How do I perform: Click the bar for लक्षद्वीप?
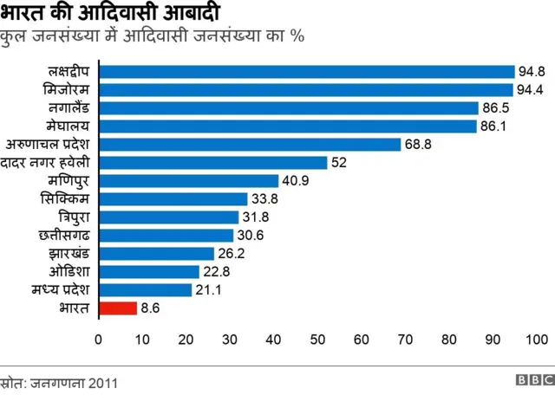pos(307,72)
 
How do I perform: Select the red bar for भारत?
pos(118,307)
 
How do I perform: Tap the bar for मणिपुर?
pos(189,181)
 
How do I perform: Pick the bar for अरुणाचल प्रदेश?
pos(250,145)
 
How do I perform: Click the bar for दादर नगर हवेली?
pos(213,163)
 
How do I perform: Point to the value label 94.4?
pos(531,90)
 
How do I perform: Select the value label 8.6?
pos(152,308)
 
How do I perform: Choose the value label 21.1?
pos(208,289)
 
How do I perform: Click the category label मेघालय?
pos(69,126)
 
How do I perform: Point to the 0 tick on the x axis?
pos(99,339)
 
